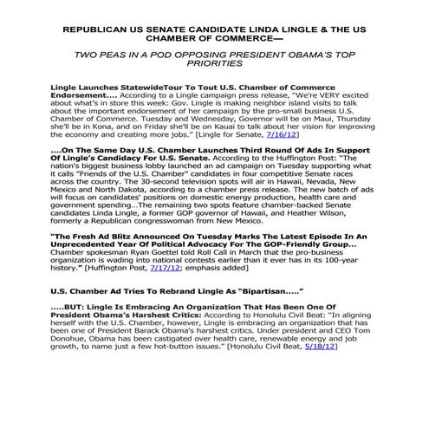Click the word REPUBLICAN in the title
point(101,29)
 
